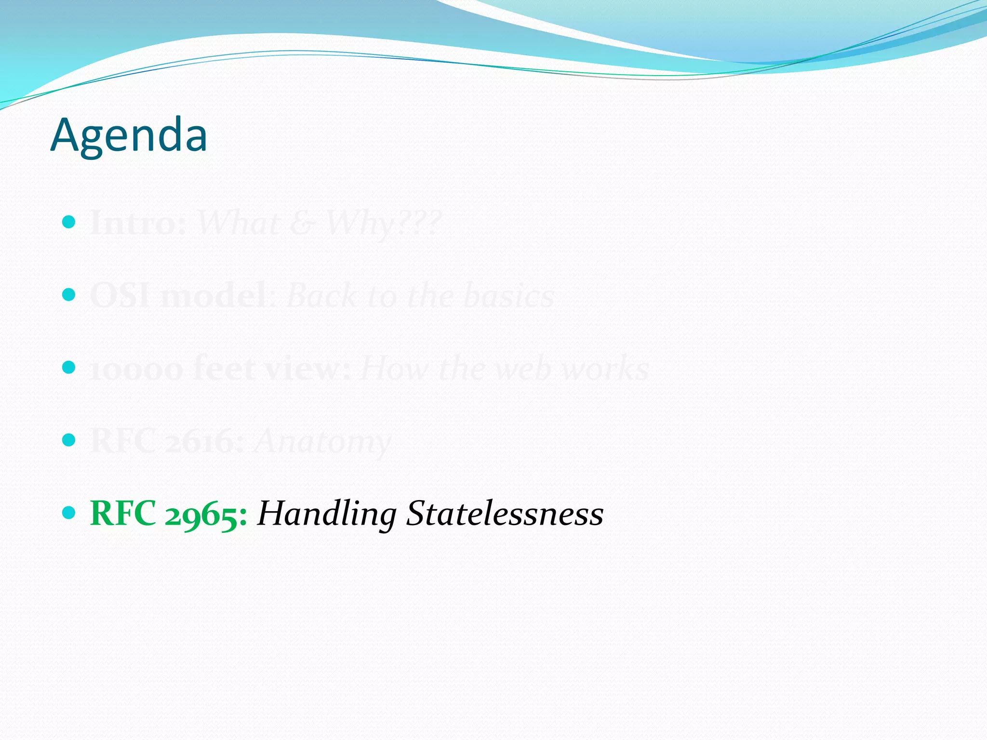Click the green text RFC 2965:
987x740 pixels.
click(x=169, y=514)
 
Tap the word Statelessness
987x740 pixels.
click(x=505, y=514)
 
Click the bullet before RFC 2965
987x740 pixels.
click(x=69, y=512)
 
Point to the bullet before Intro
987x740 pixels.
click(x=69, y=222)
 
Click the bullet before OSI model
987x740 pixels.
click(x=69, y=294)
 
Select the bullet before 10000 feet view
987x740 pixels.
click(x=69, y=367)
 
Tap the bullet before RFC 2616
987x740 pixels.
click(x=69, y=439)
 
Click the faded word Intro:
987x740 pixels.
click(x=138, y=224)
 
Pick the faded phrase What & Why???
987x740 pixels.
click(x=319, y=224)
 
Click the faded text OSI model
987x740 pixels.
click(x=178, y=296)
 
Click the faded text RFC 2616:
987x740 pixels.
click(x=167, y=441)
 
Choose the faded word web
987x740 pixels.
click(x=522, y=369)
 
